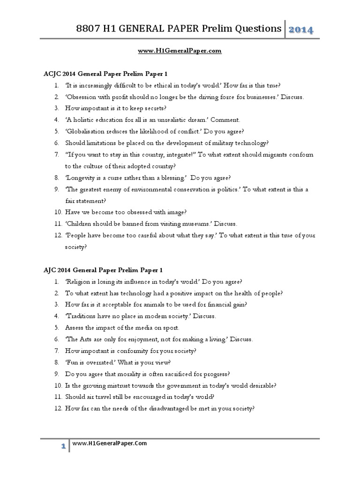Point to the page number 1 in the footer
[62, 447]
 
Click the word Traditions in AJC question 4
[82, 316]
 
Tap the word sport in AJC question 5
[170, 328]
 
